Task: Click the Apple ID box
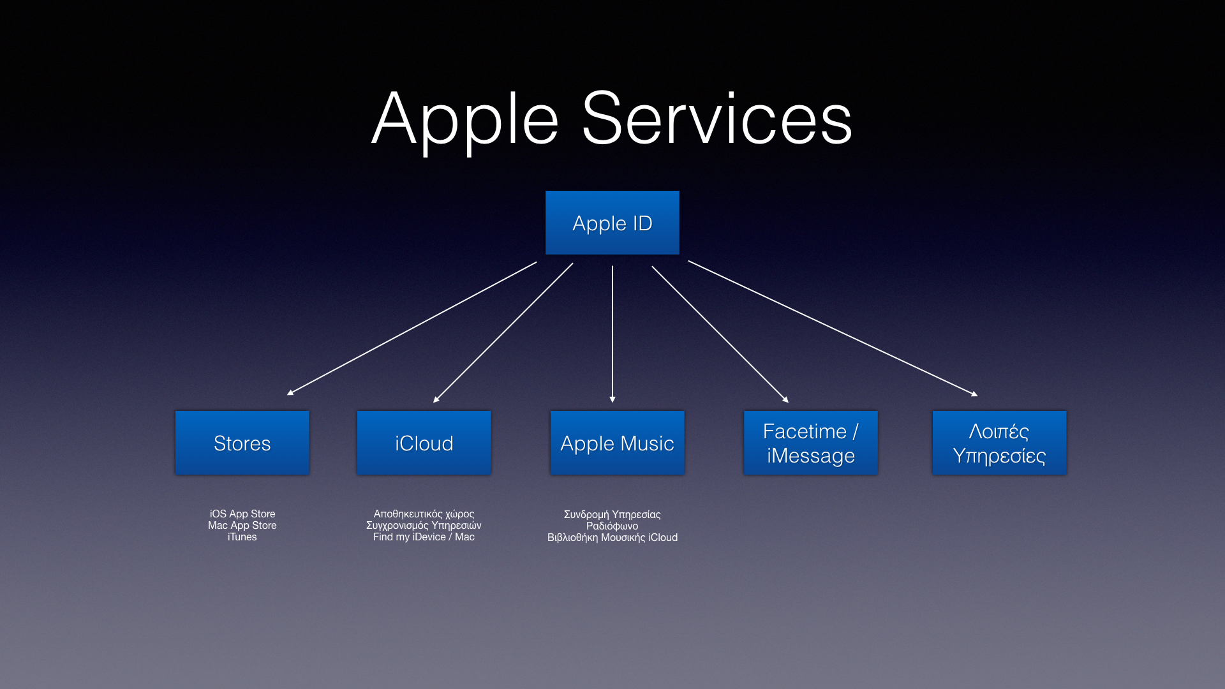pos(612,223)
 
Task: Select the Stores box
pos(242,443)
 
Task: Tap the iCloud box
pos(424,443)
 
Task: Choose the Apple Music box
pos(618,443)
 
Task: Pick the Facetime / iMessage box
pos(811,443)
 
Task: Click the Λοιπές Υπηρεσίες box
pos(1000,443)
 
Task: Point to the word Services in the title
pos(717,119)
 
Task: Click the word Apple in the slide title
pos(466,121)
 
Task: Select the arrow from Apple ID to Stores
pos(412,329)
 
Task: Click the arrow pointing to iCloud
pos(503,333)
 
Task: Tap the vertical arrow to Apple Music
pos(612,334)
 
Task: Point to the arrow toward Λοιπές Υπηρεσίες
pos(833,329)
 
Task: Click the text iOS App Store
pos(242,514)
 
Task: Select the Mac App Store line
pos(242,525)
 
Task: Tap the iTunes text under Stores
pos(242,537)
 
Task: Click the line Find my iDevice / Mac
pos(424,537)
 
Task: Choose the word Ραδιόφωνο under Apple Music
pos(612,526)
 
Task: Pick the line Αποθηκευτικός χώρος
pos(424,514)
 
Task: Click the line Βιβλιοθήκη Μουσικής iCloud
pos(612,537)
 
